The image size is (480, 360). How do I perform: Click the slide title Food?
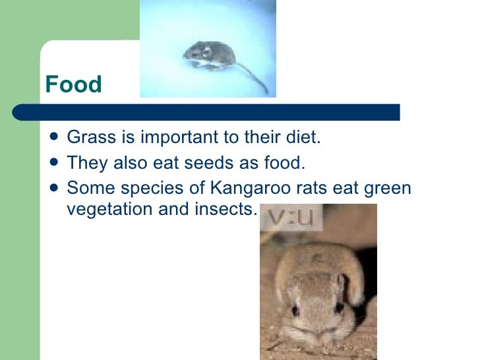point(73,85)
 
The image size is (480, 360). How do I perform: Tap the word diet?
point(303,139)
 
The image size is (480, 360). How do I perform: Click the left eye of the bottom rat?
point(295,308)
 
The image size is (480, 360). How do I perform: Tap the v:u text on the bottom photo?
point(289,218)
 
